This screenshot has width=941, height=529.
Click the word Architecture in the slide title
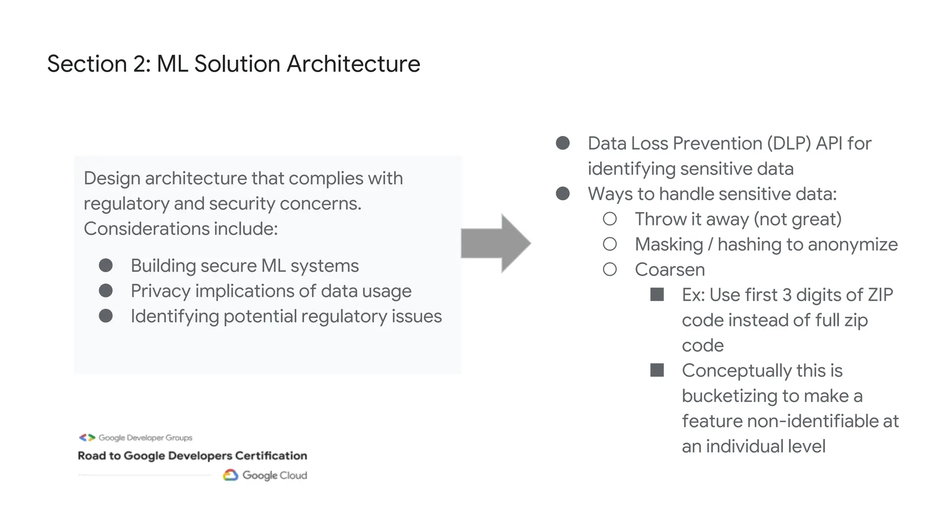[x=353, y=63]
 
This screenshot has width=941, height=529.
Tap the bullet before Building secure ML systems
[x=106, y=265]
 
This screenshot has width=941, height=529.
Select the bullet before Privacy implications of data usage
[x=106, y=291]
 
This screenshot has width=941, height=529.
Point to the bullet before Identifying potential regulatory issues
[x=106, y=316]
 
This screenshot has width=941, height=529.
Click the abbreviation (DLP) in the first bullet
[x=789, y=143]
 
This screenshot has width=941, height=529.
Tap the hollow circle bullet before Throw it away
[x=610, y=219]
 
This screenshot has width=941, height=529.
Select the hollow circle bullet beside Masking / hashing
[x=610, y=244]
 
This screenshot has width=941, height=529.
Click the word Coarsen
[x=669, y=270]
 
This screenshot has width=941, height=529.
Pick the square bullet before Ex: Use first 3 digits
[x=657, y=295]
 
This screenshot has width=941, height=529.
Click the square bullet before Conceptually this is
[x=657, y=370]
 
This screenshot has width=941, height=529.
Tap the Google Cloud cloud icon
[x=230, y=475]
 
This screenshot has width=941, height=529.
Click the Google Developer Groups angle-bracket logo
[x=87, y=438]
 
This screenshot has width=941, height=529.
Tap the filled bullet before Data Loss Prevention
[x=563, y=143]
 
